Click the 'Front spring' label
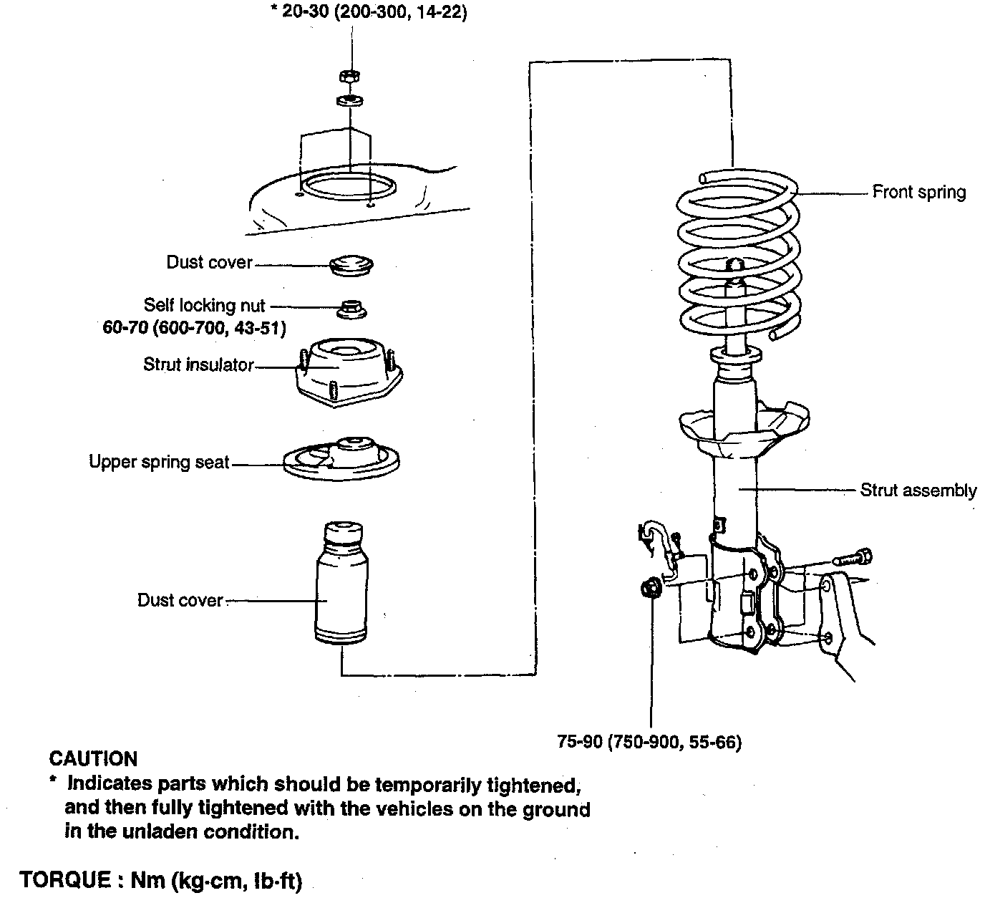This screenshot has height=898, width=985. [x=918, y=192]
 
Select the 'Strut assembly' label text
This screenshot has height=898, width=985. [x=918, y=491]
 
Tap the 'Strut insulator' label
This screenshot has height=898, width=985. [x=198, y=364]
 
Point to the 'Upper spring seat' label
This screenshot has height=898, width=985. [x=159, y=462]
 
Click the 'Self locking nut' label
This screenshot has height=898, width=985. [x=204, y=306]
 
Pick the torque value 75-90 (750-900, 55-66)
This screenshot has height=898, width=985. [x=649, y=742]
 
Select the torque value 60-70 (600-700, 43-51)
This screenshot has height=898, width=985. [x=195, y=329]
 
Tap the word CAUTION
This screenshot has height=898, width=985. [x=93, y=759]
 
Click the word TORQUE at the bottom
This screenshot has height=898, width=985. [x=64, y=880]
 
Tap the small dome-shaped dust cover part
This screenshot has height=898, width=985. [x=351, y=264]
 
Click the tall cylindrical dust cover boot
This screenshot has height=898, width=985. [x=342, y=584]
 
